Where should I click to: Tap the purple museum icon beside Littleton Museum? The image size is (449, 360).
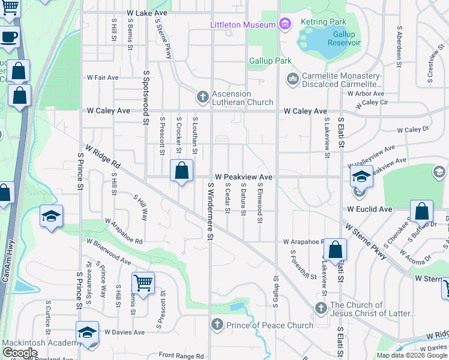coord(285,24)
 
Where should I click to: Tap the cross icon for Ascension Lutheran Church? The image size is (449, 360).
coord(203,97)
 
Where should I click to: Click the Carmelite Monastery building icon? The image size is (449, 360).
coord(293,79)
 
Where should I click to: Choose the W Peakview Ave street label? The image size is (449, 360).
coord(244,178)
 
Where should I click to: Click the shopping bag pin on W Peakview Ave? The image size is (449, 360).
coord(181,172)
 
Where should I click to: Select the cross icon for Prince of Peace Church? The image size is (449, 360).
coord(217,325)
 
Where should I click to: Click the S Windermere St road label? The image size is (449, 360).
coord(211,211)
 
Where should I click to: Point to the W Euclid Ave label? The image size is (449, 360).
coord(369,209)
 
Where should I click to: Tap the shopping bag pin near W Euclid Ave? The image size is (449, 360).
coord(421,212)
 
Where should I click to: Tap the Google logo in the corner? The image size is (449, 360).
coord(20,353)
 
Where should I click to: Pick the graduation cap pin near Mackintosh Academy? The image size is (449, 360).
coord(87,333)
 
